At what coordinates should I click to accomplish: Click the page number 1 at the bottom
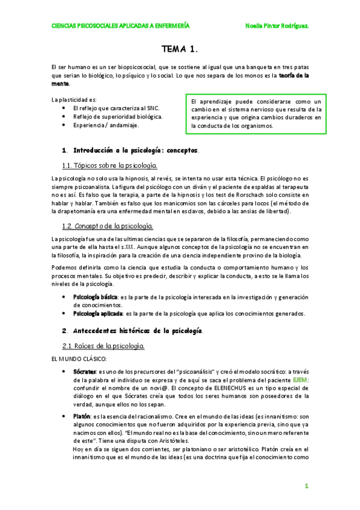click(x=305, y=485)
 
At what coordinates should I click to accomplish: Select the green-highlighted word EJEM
click(x=301, y=380)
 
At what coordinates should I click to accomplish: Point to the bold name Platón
click(x=82, y=416)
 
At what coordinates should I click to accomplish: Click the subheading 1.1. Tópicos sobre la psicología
click(x=110, y=165)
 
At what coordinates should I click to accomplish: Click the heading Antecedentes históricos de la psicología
click(x=138, y=331)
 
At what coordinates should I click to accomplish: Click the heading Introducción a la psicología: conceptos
click(x=136, y=149)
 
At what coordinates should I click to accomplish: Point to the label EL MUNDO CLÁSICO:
click(x=79, y=359)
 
